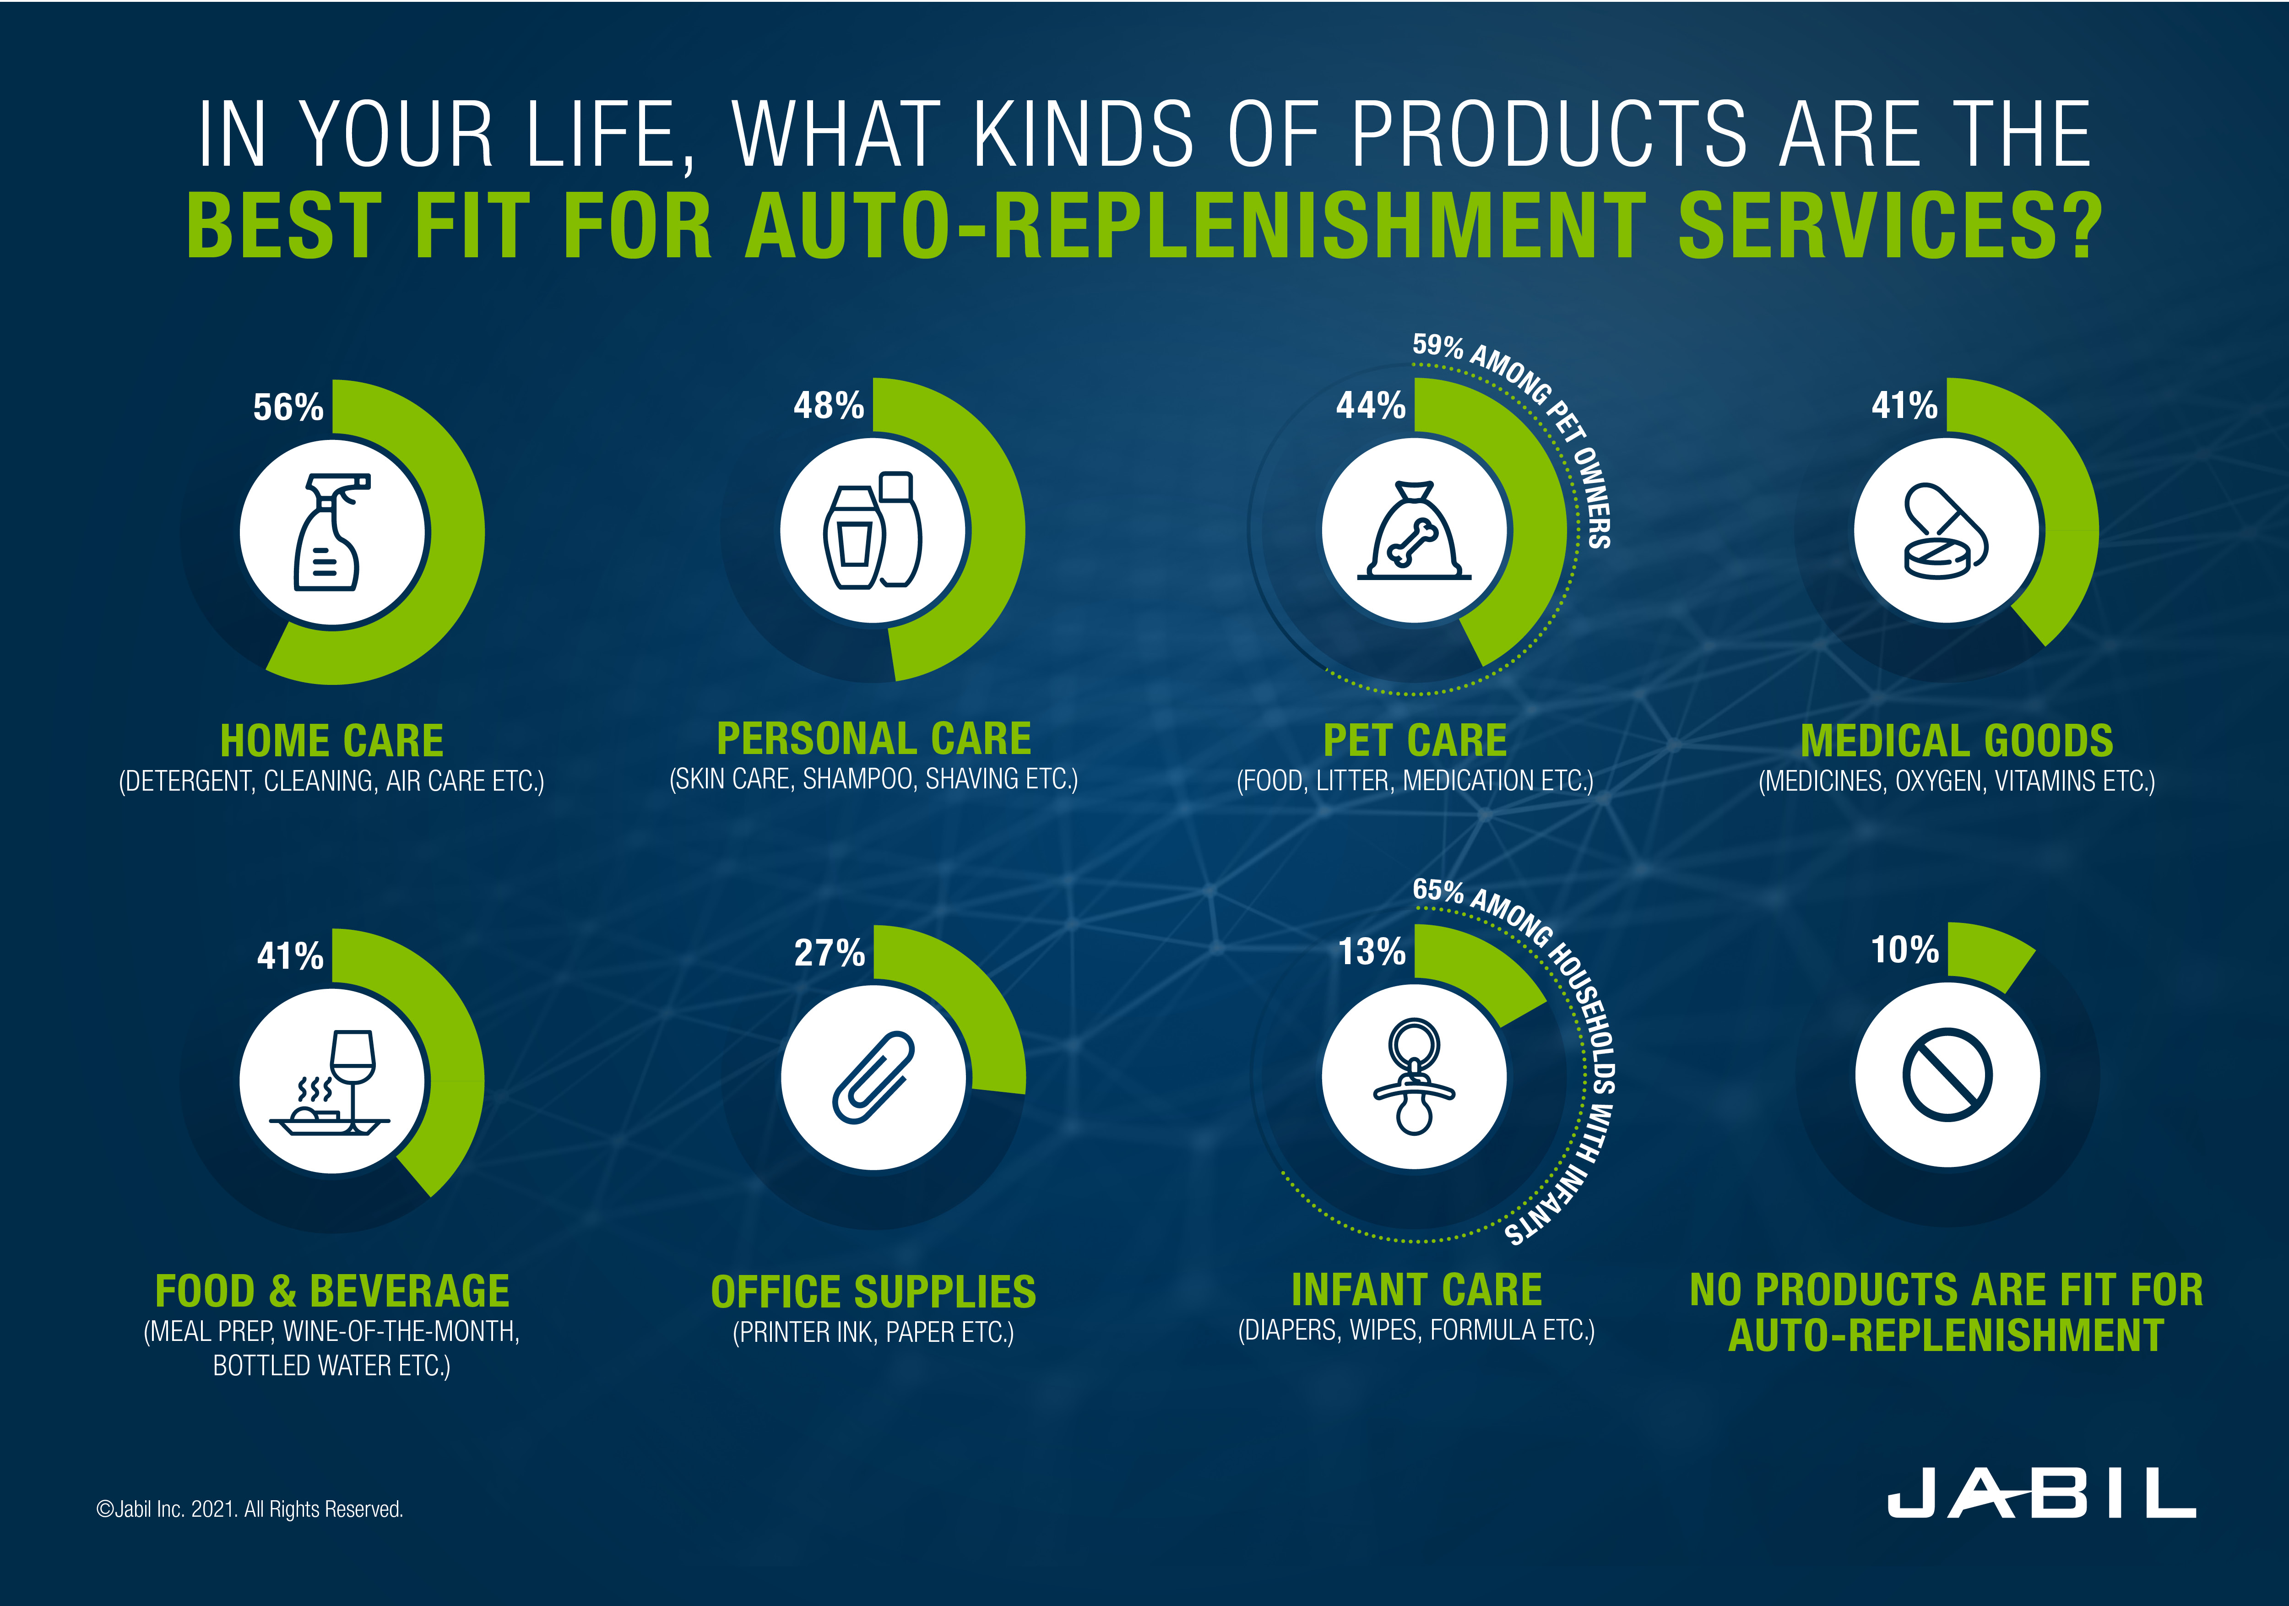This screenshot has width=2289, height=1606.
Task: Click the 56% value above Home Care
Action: pyautogui.click(x=288, y=407)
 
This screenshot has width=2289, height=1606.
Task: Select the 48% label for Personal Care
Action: pyautogui.click(x=829, y=405)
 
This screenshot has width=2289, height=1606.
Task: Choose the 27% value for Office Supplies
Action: pyautogui.click(x=830, y=953)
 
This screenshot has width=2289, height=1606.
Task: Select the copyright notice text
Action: pyautogui.click(x=249, y=1509)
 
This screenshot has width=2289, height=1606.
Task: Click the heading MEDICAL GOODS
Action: pyautogui.click(x=1956, y=741)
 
